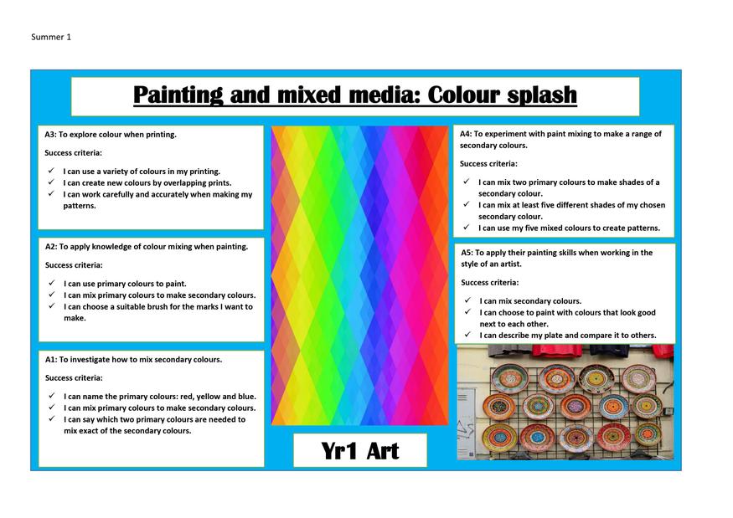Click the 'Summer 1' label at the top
[x=51, y=37]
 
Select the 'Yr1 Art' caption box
[x=360, y=450]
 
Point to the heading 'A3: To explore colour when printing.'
[x=111, y=135]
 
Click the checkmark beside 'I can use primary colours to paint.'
[x=51, y=283]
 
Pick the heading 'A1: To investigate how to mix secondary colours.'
[x=134, y=360]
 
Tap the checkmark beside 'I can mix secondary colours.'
[x=467, y=300]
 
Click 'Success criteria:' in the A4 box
[x=488, y=164]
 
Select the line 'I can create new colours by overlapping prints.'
[x=147, y=183]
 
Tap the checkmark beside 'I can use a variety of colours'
[x=51, y=171]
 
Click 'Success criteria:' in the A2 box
[x=74, y=265]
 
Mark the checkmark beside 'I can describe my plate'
[x=467, y=335]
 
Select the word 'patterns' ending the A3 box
[x=80, y=206]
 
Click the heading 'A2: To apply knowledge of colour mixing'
[x=147, y=247]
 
